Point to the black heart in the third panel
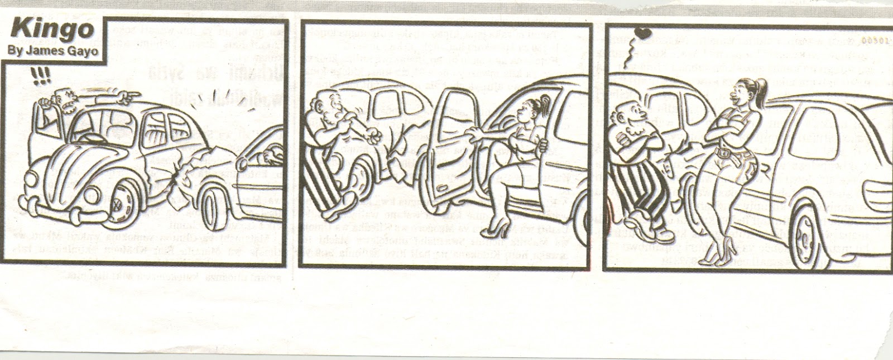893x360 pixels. pos(642,33)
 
